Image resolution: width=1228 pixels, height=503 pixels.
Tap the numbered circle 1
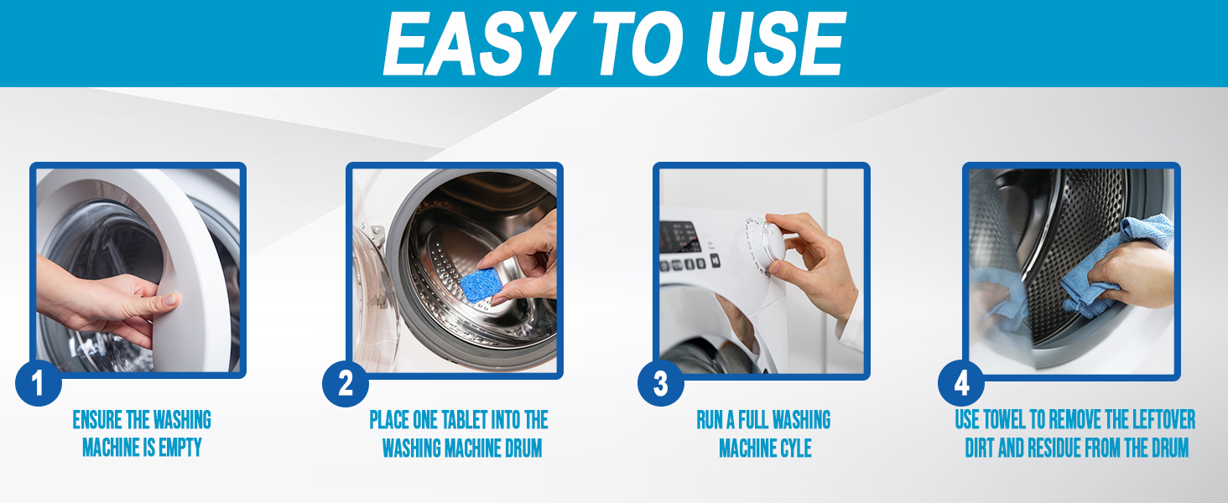[x=39, y=385]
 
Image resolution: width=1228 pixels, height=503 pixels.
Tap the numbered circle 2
[x=346, y=385]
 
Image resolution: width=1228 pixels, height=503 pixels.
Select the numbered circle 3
[x=660, y=385]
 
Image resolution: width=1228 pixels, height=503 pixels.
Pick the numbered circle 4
[x=960, y=385]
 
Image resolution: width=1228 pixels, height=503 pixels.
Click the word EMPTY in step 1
[x=180, y=448]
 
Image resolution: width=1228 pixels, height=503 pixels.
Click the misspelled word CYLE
[x=793, y=449]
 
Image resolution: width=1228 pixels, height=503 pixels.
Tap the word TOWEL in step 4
[x=1015, y=419]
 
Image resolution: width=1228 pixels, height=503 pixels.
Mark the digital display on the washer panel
[x=679, y=236]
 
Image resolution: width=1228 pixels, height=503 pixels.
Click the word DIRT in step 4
[x=981, y=449]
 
